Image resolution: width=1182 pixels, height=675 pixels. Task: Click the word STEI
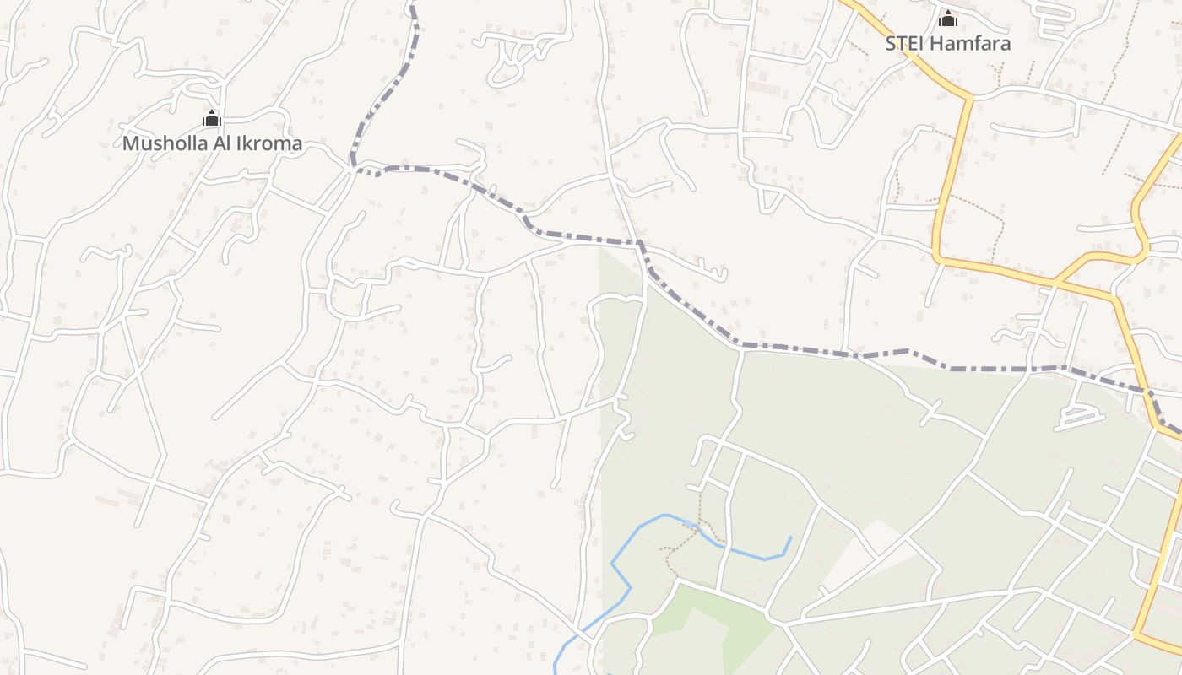[x=905, y=44]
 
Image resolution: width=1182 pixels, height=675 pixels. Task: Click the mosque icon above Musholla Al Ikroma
[x=212, y=118]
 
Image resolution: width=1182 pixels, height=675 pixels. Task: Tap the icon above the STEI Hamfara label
[x=948, y=19]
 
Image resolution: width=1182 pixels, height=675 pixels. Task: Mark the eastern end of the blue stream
[x=791, y=537]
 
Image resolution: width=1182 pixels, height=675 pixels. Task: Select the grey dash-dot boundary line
[x=794, y=347]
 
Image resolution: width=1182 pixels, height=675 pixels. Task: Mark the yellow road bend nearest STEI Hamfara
[x=970, y=98]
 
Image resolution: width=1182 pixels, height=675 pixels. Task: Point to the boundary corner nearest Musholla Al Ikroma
[x=352, y=165]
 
